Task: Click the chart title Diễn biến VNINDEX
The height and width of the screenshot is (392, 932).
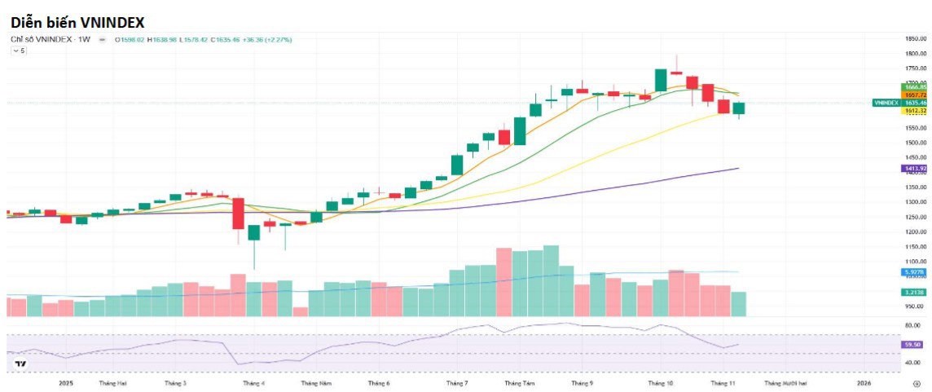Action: pyautogui.click(x=77, y=22)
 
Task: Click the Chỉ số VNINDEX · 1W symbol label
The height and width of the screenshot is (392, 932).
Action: pyautogui.click(x=51, y=39)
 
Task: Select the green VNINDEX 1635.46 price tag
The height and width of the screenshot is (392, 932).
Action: pyautogui.click(x=899, y=104)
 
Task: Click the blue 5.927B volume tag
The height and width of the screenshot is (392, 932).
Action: pyautogui.click(x=913, y=271)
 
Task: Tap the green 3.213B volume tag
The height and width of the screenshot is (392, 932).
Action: pyautogui.click(x=913, y=292)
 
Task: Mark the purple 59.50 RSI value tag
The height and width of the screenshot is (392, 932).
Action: pyautogui.click(x=913, y=345)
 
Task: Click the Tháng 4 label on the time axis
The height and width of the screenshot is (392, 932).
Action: pyautogui.click(x=250, y=382)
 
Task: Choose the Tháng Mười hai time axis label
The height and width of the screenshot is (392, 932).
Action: pyautogui.click(x=785, y=382)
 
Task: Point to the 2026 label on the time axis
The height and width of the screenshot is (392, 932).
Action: pyautogui.click(x=864, y=382)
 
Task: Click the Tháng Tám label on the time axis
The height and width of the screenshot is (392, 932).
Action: pyautogui.click(x=519, y=382)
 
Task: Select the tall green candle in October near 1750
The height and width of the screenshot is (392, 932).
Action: pyautogui.click(x=661, y=80)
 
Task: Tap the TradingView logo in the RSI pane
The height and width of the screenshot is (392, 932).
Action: pyautogui.click(x=20, y=363)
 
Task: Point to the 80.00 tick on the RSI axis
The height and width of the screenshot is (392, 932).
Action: pyautogui.click(x=913, y=325)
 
